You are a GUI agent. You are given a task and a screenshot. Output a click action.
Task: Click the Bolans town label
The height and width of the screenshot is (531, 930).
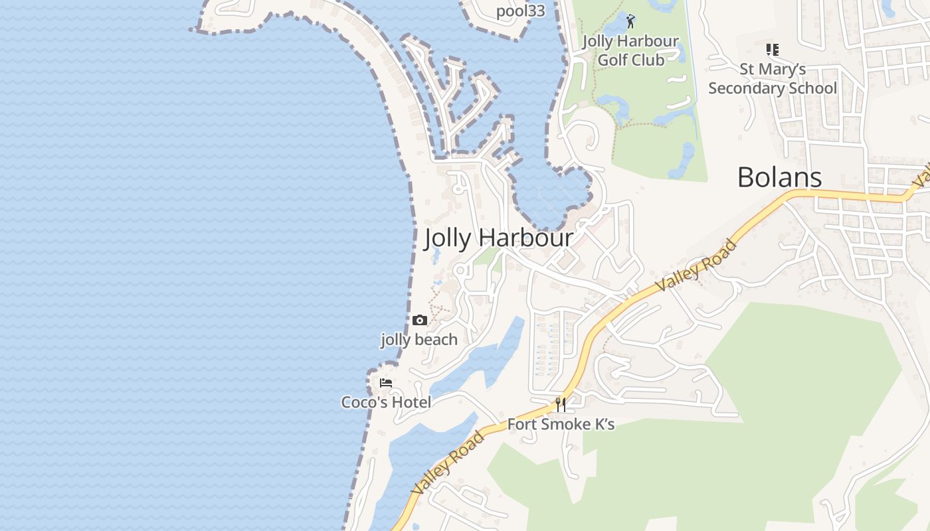coord(779,177)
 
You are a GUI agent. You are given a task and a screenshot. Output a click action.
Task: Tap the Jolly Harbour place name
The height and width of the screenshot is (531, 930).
coord(498,238)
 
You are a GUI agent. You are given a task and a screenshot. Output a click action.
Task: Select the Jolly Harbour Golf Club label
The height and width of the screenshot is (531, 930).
coord(630,50)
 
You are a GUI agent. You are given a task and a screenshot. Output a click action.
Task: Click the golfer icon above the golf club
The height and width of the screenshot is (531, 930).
coord(630,22)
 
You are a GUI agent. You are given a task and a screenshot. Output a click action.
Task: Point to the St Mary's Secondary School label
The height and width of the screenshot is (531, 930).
coord(772,78)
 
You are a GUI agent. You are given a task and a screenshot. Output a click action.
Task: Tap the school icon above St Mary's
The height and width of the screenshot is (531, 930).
coord(772,49)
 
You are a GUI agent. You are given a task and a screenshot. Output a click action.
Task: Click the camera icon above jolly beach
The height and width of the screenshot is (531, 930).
coord(419,321)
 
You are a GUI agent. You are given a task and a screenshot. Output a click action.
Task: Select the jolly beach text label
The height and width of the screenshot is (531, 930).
coord(419,340)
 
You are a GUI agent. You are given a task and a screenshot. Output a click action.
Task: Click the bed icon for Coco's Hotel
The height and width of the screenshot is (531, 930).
coord(386,383)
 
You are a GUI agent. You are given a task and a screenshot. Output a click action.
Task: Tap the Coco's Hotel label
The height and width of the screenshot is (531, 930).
coord(386,402)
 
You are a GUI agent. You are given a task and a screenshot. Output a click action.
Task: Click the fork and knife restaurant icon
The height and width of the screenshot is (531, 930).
coord(561,404)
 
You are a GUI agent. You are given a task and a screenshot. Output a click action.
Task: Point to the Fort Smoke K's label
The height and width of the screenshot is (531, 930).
coord(561,423)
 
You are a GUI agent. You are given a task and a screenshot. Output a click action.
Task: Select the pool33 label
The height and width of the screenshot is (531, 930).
coord(520,11)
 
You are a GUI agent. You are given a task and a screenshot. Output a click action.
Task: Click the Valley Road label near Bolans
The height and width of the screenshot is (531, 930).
coord(696,265)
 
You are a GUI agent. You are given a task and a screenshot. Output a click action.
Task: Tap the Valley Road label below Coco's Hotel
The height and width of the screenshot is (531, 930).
coord(448,463)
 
